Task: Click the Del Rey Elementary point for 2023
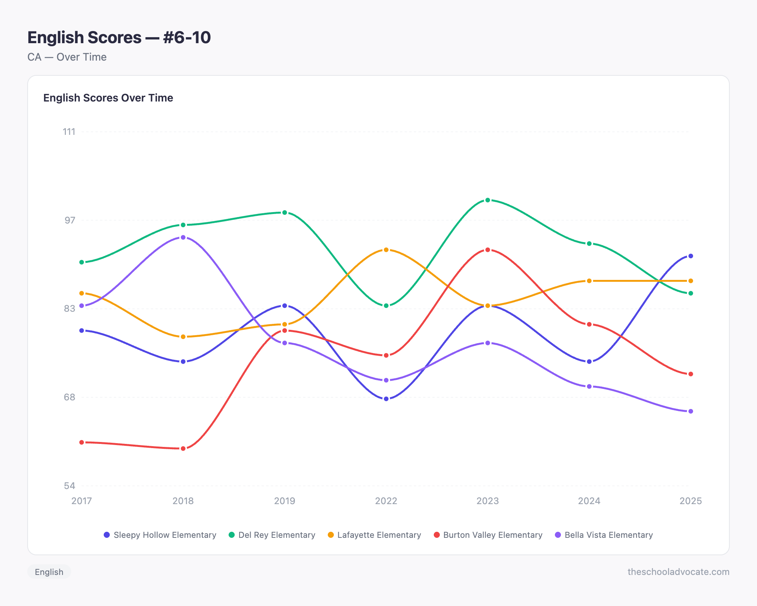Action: coord(488,200)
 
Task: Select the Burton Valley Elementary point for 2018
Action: coord(183,448)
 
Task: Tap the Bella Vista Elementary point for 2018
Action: coord(183,237)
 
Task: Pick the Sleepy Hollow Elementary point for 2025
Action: coord(690,256)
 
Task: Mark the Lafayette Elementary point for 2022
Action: coord(386,250)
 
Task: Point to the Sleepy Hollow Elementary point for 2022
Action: coord(386,399)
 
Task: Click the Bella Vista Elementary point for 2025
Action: coord(690,411)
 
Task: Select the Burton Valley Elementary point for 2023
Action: coord(488,250)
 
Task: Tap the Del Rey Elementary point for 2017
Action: coord(82,262)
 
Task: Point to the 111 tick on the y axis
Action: coord(69,132)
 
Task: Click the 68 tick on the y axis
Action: coord(69,397)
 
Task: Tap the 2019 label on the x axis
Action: coord(285,501)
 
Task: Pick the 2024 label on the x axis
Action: coord(589,501)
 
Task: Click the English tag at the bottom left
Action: coord(49,572)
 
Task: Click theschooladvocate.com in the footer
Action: coord(678,572)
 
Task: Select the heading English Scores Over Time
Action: coord(108,98)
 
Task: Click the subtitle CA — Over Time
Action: coord(67,57)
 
